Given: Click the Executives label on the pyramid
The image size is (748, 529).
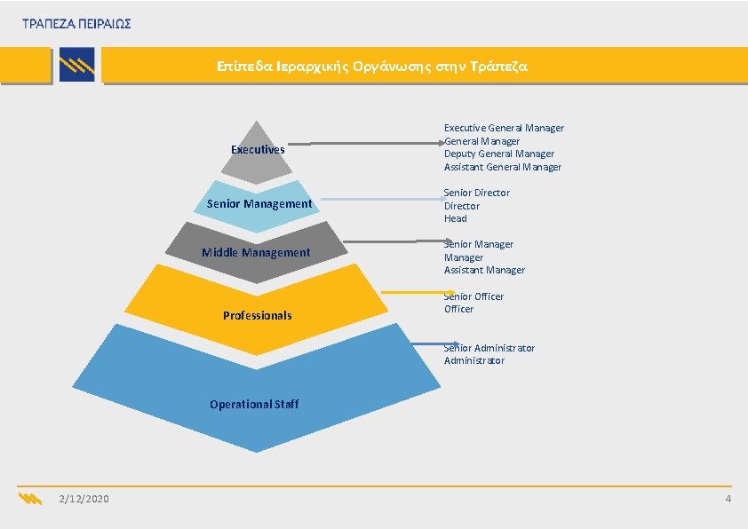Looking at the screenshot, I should [258, 150].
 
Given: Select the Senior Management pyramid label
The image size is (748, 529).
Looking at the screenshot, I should [259, 204].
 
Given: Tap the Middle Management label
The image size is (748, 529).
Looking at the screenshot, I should [256, 253].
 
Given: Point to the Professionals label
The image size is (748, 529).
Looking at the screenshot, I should [257, 316].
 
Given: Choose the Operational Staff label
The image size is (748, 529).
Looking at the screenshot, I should [254, 405].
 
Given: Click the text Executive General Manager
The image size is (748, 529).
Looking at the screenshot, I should [504, 128].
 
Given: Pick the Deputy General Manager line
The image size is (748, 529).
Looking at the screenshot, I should [498, 154].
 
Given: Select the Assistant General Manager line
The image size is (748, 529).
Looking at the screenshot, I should [503, 167].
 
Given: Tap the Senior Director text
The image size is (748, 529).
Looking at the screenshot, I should [477, 193].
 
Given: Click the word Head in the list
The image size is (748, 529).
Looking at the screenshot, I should [456, 218].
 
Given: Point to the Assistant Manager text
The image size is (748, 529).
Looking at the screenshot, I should [484, 270].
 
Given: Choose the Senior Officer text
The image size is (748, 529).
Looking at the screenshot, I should [473, 296].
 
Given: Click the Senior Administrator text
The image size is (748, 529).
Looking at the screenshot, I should [489, 348].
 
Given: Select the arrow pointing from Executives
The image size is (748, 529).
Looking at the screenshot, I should [364, 143].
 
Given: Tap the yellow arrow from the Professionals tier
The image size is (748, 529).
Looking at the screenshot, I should [417, 292].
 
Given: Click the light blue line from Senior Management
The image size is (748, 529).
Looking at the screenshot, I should [382, 200].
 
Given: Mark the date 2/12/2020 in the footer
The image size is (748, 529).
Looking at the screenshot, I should [84, 500].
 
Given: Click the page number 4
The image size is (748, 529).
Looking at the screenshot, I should [728, 500].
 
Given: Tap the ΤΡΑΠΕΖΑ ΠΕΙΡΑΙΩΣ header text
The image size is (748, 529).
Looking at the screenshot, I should [77, 24].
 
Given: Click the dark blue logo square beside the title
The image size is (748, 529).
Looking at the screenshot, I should [76, 66].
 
